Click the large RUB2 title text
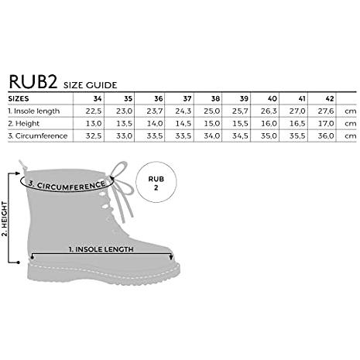click(33, 81)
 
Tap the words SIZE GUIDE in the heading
click(91, 85)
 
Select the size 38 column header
click(215, 98)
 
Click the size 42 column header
click(330, 98)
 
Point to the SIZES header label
click(19, 98)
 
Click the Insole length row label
click(34, 111)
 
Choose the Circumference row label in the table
click(38, 135)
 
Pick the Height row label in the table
click(24, 124)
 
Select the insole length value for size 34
click(94, 111)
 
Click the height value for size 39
click(240, 124)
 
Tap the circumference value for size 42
click(326, 135)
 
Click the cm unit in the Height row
click(351, 124)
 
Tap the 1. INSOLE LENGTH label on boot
click(101, 249)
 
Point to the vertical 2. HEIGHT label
click(5, 219)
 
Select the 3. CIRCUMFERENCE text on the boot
click(67, 185)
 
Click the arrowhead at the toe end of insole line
click(170, 257)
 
